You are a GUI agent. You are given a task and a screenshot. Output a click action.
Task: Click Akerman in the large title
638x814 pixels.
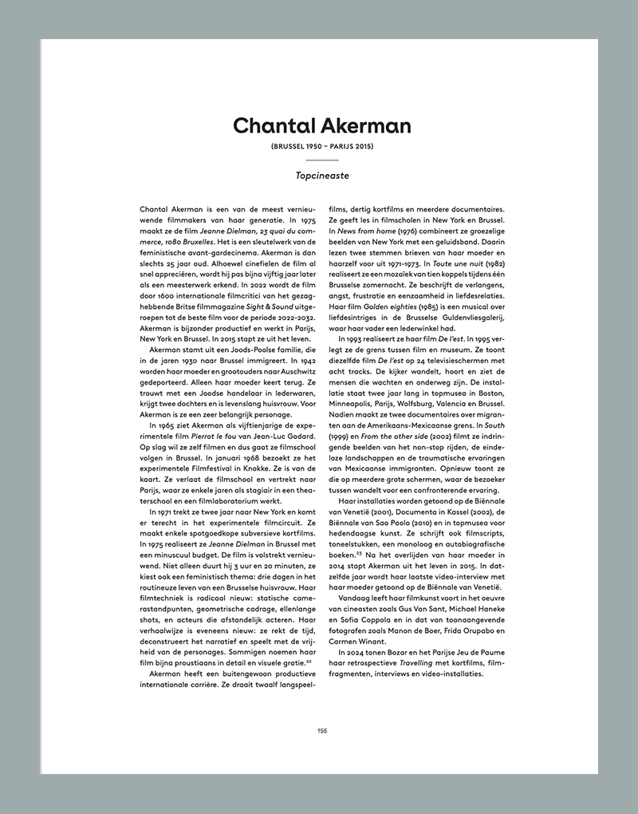(366, 126)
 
